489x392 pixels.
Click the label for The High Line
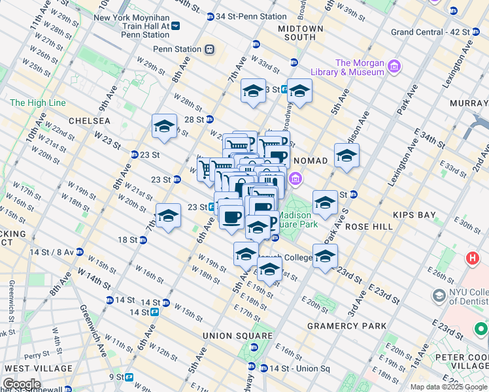[37, 103]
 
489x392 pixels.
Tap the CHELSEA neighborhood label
[83, 122]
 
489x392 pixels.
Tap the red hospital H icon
[472, 258]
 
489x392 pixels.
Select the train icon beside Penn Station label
[209, 49]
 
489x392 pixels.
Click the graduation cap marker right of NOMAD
[346, 155]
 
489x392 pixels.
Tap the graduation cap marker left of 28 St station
[165, 126]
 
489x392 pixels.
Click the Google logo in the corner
[22, 384]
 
